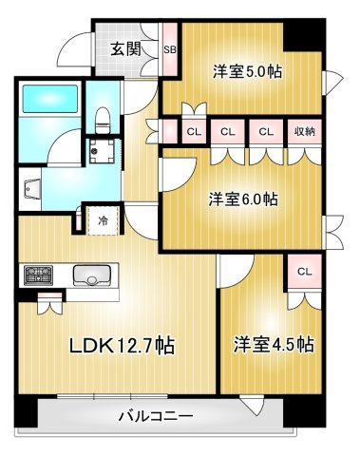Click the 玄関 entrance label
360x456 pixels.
click(x=125, y=49)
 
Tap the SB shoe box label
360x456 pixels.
click(x=170, y=49)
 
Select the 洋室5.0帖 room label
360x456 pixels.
click(x=247, y=71)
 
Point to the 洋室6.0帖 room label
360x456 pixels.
click(x=243, y=199)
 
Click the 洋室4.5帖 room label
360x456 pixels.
click(x=275, y=345)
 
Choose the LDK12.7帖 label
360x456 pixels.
click(x=122, y=346)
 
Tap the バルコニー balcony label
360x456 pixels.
click(x=156, y=416)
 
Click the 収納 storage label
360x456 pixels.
click(x=305, y=131)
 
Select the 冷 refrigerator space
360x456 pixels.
click(x=104, y=220)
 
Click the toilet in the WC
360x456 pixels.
click(x=103, y=120)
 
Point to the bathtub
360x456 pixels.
click(x=50, y=99)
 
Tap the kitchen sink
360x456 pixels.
click(x=92, y=275)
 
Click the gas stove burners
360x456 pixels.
click(x=39, y=275)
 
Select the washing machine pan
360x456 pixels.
click(x=102, y=151)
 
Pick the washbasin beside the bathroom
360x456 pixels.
click(x=32, y=189)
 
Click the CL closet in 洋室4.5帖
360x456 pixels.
click(x=304, y=272)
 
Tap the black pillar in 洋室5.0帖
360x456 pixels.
click(x=304, y=36)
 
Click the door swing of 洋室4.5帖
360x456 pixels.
click(x=237, y=272)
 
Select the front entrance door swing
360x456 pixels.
click(x=75, y=49)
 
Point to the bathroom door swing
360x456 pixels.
click(x=65, y=148)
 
